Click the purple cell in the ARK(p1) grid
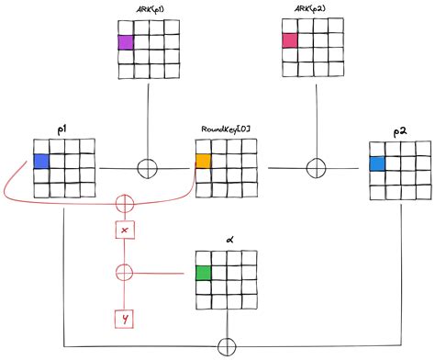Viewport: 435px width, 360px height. (126, 41)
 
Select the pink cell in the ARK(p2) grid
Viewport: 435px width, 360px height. (290, 40)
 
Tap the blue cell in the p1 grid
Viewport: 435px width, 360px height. (41, 163)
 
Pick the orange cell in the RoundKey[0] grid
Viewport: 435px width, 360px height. (204, 162)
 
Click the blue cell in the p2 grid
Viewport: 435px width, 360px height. (376, 164)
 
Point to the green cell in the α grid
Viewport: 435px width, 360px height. (204, 272)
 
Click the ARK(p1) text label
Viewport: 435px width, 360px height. (148, 10)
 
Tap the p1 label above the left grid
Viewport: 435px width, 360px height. (61, 130)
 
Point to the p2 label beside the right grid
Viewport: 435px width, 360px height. (400, 134)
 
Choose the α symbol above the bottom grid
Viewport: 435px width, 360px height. (226, 241)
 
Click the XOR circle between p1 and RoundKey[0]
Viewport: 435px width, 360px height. (146, 168)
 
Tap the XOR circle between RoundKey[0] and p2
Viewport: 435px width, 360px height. (315, 168)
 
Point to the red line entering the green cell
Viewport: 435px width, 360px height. (165, 272)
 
